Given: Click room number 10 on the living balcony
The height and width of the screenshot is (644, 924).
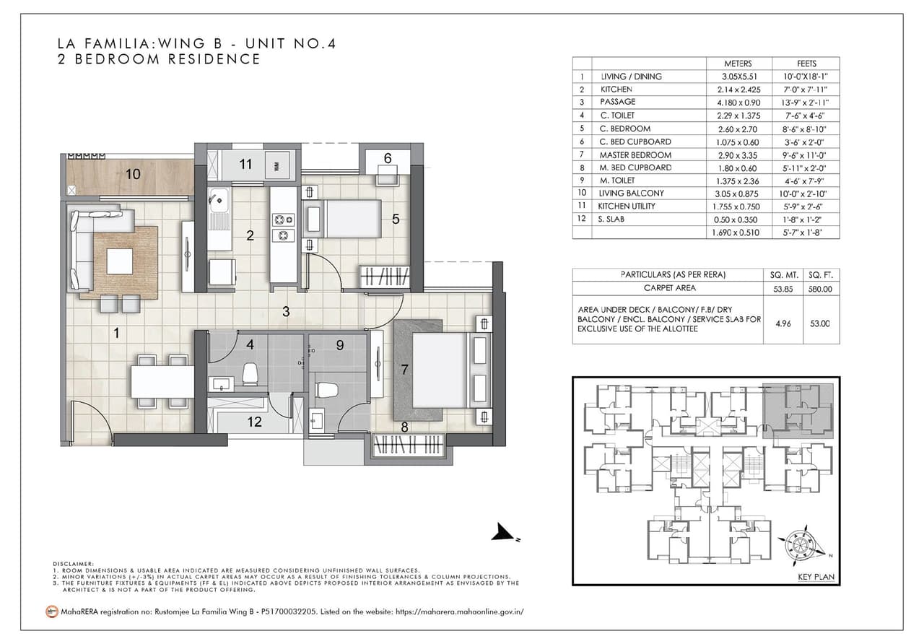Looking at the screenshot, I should pyautogui.click(x=132, y=173).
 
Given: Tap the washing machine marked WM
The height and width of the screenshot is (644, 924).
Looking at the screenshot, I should pyautogui.click(x=277, y=165).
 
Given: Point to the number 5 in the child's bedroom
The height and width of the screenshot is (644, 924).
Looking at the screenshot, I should pyautogui.click(x=396, y=219).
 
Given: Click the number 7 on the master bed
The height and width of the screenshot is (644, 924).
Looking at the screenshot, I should pyautogui.click(x=405, y=369).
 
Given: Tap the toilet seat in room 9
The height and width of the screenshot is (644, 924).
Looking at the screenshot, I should pyautogui.click(x=326, y=390).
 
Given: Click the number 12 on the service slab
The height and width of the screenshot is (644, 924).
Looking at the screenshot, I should pyautogui.click(x=254, y=422).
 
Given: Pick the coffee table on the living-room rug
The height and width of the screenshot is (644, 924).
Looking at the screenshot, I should pyautogui.click(x=120, y=261).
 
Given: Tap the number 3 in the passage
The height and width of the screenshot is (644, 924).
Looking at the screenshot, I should pyautogui.click(x=286, y=312).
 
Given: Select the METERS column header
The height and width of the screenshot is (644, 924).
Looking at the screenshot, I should pyautogui.click(x=738, y=64).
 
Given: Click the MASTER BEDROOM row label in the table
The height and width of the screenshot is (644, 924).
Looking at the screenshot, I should pyautogui.click(x=635, y=155).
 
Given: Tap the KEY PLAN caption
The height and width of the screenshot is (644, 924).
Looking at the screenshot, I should pyautogui.click(x=816, y=577).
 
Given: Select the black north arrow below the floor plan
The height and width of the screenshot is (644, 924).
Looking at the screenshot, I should pyautogui.click(x=503, y=534).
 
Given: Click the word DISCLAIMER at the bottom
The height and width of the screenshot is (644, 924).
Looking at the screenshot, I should pyautogui.click(x=74, y=563).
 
